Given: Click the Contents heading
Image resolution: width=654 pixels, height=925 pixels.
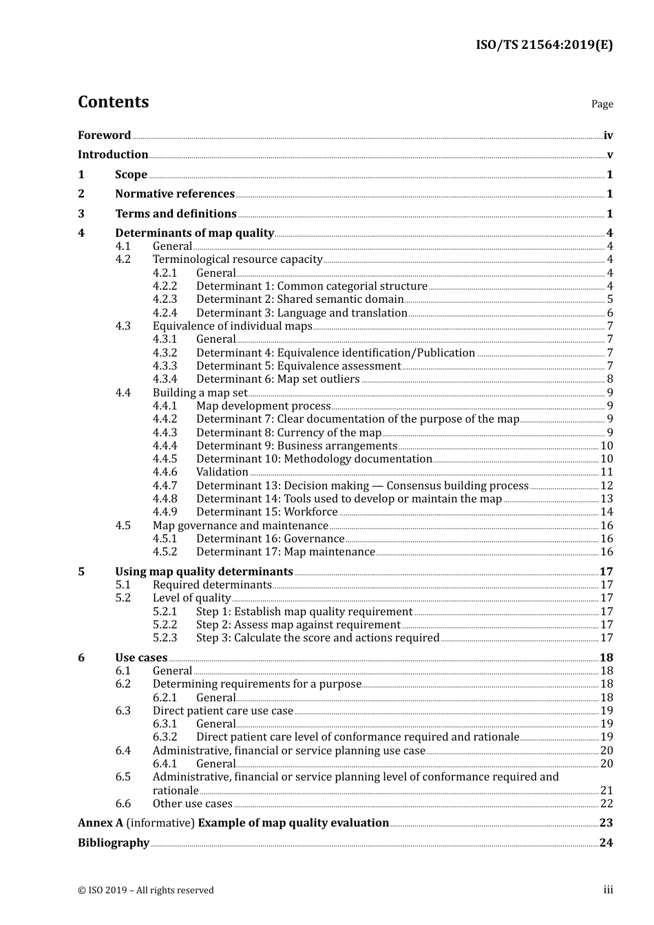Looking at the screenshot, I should click(x=113, y=102).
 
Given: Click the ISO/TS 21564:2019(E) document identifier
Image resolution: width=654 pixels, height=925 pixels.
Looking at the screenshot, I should click(x=544, y=45).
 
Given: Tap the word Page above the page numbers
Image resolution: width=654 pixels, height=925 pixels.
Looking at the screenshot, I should click(x=602, y=104).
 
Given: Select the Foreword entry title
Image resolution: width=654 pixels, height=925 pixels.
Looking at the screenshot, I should click(x=104, y=135).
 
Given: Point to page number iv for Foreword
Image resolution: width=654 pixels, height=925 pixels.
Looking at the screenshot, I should click(x=608, y=136).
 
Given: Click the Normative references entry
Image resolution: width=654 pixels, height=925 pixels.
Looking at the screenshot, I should click(x=175, y=194).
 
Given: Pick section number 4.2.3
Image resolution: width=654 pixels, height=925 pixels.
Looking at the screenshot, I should click(x=165, y=299).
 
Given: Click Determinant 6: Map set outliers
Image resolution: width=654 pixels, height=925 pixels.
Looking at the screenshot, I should click(x=277, y=379).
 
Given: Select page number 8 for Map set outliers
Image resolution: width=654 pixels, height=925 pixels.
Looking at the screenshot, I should click(x=610, y=379).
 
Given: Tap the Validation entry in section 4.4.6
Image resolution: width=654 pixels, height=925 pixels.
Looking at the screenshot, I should click(x=222, y=472).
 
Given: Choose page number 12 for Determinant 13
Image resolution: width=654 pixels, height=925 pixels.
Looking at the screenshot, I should click(x=606, y=486).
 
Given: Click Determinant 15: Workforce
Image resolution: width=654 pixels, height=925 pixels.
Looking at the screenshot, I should click(x=266, y=512).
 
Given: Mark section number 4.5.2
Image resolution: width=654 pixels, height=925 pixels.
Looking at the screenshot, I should click(x=165, y=552).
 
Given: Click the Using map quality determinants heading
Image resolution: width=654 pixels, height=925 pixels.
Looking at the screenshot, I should click(x=204, y=572).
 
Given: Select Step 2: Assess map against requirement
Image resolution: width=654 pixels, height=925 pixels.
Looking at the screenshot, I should click(x=298, y=625).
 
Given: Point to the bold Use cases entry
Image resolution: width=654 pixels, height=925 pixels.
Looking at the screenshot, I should click(x=141, y=658).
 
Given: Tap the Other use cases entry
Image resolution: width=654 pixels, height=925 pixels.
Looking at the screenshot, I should click(x=192, y=804).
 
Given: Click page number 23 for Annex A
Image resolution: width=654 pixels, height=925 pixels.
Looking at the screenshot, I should click(x=606, y=823).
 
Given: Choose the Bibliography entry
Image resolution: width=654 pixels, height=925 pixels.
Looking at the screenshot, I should click(x=114, y=843).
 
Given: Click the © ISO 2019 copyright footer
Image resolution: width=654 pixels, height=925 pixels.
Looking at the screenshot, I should click(x=145, y=891).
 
